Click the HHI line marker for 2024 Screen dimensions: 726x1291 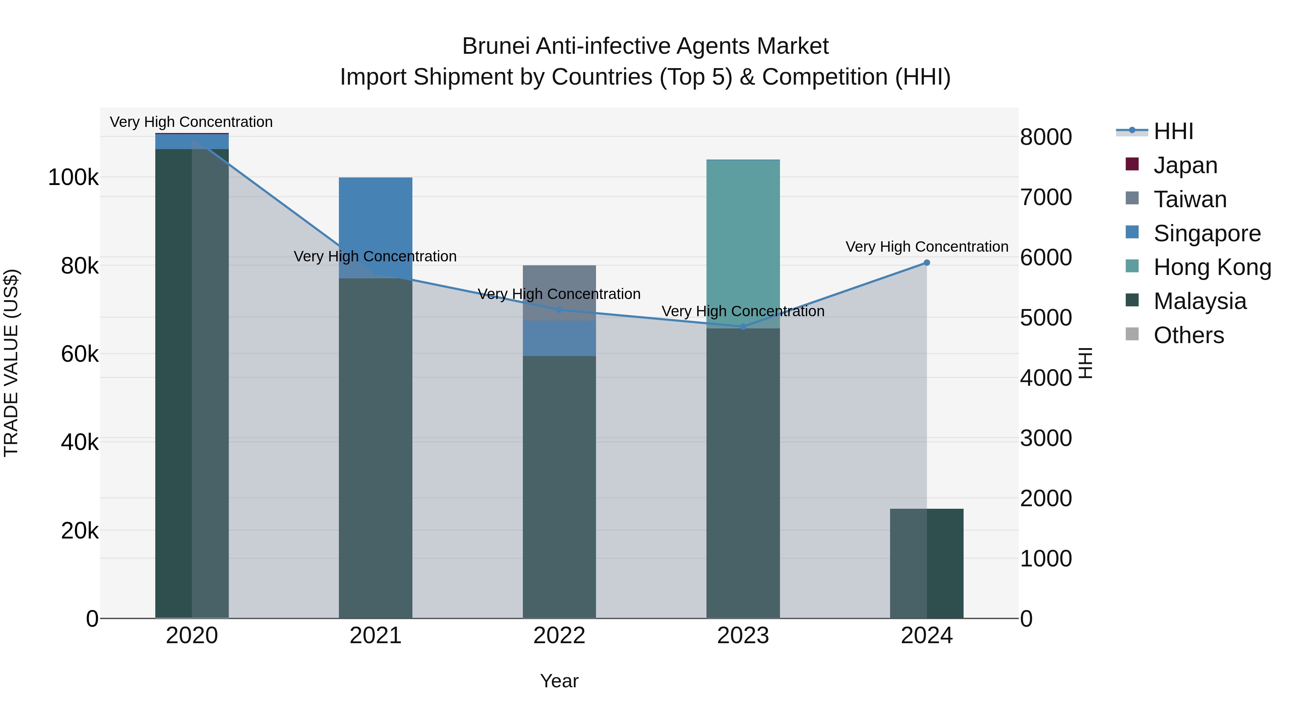[x=927, y=262]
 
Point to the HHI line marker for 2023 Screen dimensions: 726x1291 [x=743, y=327]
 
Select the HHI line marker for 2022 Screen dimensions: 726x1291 [x=559, y=310]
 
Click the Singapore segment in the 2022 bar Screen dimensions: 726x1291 [x=559, y=338]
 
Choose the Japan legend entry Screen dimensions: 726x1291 [x=1185, y=165]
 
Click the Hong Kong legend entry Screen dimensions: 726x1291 [x=1212, y=267]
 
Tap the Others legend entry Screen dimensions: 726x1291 [x=1188, y=335]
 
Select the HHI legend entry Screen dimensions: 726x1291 [x=1173, y=131]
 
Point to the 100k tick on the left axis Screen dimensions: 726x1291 [x=73, y=177]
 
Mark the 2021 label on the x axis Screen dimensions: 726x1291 [x=375, y=636]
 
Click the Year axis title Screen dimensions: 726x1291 [x=559, y=681]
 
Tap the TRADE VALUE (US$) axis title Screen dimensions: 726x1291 [x=11, y=363]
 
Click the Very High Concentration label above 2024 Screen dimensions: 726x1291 [x=927, y=247]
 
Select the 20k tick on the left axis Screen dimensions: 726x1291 [x=80, y=531]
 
